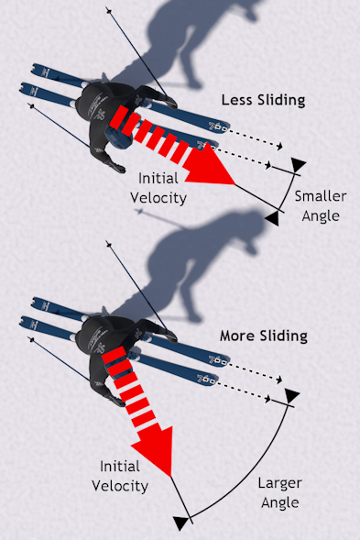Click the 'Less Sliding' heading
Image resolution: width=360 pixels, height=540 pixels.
[x=263, y=99]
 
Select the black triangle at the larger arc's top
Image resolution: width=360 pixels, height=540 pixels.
[x=291, y=396]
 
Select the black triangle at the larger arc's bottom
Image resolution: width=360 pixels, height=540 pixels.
[x=181, y=523]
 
